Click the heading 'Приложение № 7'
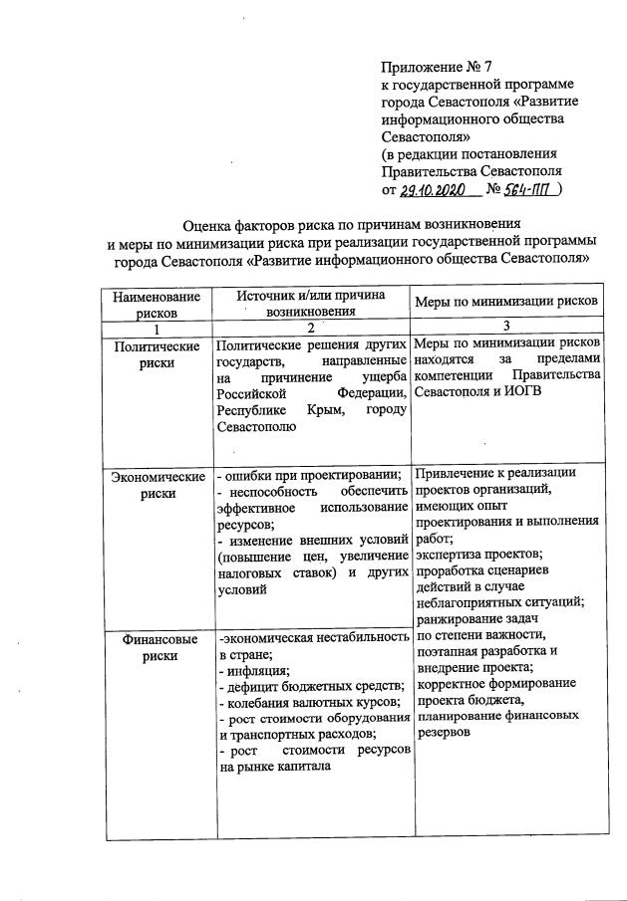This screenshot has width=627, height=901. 437,68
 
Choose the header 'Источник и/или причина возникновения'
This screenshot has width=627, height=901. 310,304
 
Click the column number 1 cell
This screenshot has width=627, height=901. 156,328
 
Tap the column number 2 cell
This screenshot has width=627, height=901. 310,328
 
